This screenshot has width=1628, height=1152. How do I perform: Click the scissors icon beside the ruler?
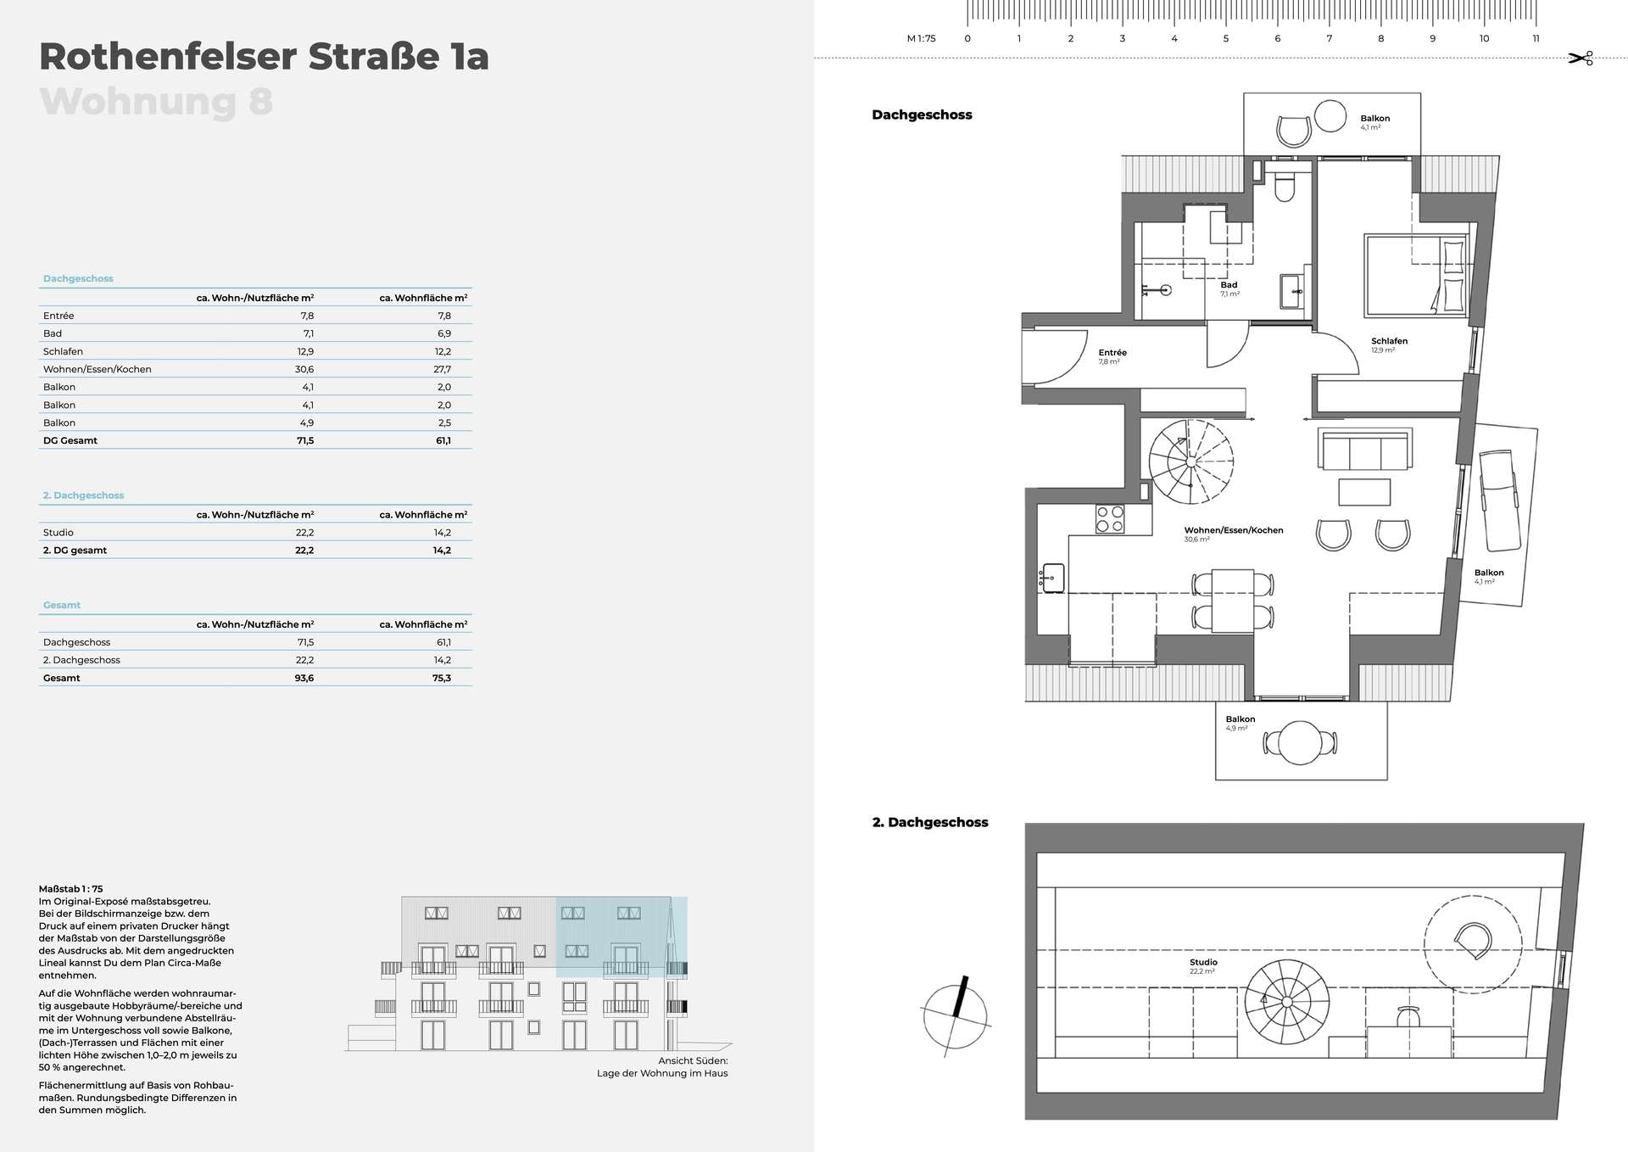pyautogui.click(x=1581, y=58)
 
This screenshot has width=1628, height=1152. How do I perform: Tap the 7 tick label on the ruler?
pyautogui.click(x=1330, y=38)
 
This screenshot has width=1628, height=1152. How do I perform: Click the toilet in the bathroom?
pyautogui.click(x=1284, y=187)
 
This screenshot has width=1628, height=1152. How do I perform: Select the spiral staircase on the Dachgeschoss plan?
pyautogui.click(x=1190, y=462)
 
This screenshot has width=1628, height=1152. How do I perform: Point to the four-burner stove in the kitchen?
pyautogui.click(x=1110, y=519)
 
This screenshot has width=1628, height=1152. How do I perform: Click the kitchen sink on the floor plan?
pyautogui.click(x=1053, y=578)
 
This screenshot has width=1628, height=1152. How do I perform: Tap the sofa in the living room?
pyautogui.click(x=1364, y=450)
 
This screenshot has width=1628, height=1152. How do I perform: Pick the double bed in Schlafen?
pyautogui.click(x=1416, y=276)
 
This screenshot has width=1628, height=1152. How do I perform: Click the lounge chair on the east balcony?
pyautogui.click(x=1499, y=501)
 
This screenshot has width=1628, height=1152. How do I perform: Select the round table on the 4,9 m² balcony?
pyautogui.click(x=1300, y=743)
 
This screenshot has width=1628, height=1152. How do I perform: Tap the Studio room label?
pyautogui.click(x=1203, y=962)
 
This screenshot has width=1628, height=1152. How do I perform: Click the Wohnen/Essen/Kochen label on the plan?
pyautogui.click(x=1234, y=530)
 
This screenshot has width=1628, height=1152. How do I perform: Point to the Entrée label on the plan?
pyautogui.click(x=1112, y=353)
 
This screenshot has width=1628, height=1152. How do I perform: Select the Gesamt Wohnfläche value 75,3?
pyautogui.click(x=442, y=678)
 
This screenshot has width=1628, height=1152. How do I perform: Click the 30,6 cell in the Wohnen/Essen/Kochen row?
pyautogui.click(x=304, y=369)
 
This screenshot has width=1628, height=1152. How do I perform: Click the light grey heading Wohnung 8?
pyautogui.click(x=156, y=102)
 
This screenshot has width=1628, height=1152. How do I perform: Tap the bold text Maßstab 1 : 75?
pyautogui.click(x=71, y=889)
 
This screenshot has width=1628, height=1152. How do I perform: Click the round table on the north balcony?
pyautogui.click(x=1330, y=116)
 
